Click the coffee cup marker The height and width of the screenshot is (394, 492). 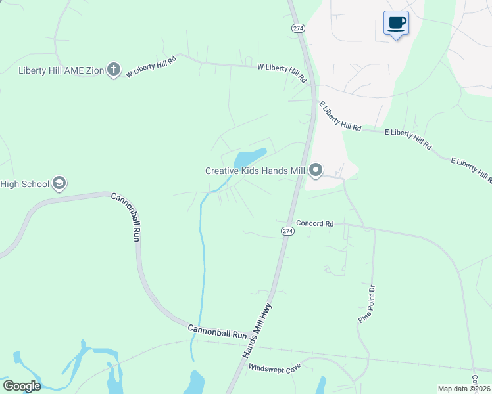396,24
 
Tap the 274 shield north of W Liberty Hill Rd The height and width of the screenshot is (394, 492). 299,28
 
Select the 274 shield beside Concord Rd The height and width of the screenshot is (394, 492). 287,231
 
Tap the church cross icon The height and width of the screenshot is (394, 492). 114,70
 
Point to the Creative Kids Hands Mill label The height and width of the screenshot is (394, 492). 255,171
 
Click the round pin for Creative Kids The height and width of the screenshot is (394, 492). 316,171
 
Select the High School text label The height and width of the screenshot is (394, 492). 24,184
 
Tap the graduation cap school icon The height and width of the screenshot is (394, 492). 59,183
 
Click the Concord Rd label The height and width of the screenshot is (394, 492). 315,223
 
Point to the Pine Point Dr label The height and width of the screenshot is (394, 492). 366,303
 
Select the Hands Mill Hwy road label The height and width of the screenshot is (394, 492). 257,330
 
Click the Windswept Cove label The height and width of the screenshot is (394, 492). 274,367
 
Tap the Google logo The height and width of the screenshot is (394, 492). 21,385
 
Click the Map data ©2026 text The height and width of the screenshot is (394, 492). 464,389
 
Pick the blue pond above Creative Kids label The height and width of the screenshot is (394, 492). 247,158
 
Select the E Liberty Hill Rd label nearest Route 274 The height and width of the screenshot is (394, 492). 341,117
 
